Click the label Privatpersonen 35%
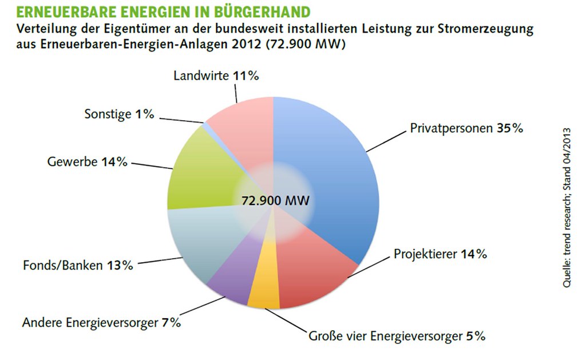466,129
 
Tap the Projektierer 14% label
440,254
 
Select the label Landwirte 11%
216,76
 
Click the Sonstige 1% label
119,114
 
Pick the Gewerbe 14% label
87,162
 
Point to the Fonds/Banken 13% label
78,266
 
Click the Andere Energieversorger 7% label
101,322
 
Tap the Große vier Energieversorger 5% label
397,336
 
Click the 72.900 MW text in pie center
275,201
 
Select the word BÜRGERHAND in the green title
262,12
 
